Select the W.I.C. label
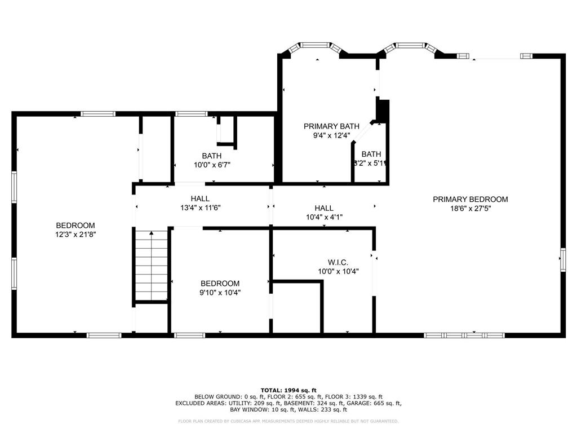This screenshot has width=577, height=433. click(338, 262)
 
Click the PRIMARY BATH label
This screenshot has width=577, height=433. click(327, 126)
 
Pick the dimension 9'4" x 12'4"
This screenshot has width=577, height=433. click(327, 135)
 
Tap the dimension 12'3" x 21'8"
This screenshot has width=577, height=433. click(75, 235)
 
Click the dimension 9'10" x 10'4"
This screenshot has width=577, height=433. click(220, 292)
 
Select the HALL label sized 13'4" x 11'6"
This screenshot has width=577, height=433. click(200, 198)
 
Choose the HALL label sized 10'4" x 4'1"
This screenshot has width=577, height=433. click(324, 208)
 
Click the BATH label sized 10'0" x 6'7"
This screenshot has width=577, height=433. click(212, 156)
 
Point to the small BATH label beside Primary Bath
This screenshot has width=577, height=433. click(371, 154)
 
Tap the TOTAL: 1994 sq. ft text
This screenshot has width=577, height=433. click(288, 390)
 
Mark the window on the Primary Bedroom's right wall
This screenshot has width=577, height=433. click(562, 260)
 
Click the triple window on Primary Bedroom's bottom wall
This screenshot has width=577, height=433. click(464, 335)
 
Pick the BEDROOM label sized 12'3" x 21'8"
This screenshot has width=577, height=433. click(75, 226)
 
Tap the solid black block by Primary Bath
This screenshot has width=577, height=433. click(383, 111)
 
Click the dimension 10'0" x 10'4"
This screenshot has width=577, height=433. click(338, 271)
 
